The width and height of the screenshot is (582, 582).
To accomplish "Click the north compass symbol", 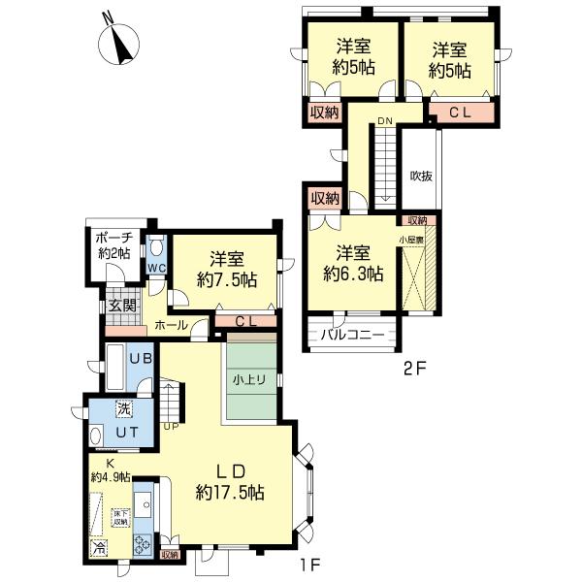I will click(x=121, y=43).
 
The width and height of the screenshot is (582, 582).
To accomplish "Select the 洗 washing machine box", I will click(x=123, y=406).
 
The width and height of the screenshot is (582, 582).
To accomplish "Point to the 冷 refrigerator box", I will click(x=98, y=548).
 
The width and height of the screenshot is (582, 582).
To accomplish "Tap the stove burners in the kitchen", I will click(x=144, y=543).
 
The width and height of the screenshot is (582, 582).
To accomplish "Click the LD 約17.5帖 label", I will click(x=229, y=480).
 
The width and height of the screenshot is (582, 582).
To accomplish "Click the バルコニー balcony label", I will click(x=351, y=337).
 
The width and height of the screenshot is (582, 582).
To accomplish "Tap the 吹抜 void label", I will click(x=420, y=176).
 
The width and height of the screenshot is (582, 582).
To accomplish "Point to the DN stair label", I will click(x=385, y=120).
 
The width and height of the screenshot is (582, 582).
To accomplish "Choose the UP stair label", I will click(x=172, y=426).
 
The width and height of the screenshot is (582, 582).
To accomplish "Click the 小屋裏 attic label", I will click(x=410, y=237).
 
